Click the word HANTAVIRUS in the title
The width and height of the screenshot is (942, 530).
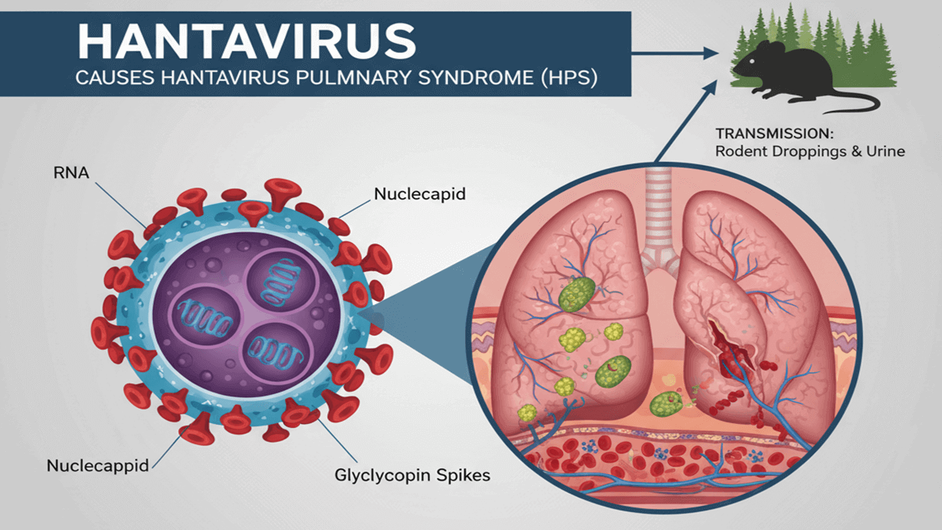coord(247,43)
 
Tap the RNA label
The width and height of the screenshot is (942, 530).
coord(69,174)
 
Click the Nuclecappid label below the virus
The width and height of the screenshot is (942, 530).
coord(97,465)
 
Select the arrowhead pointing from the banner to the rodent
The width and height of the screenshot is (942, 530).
coord(711,52)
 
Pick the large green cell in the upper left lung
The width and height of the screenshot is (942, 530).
coord(576,294)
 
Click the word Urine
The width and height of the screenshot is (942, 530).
coord(888,151)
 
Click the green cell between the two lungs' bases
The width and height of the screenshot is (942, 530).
coord(665,403)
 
